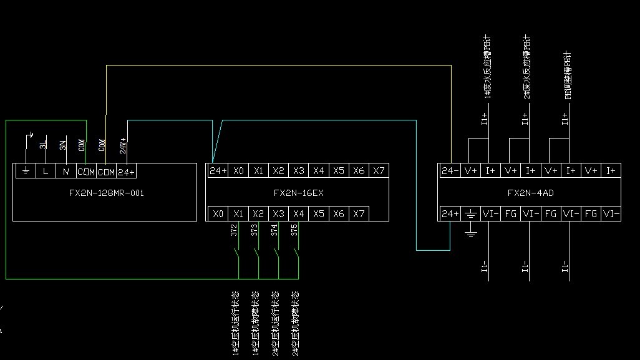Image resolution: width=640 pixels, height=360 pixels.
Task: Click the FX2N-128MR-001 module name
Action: (106, 193)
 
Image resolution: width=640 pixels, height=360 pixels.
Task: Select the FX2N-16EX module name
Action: (298, 193)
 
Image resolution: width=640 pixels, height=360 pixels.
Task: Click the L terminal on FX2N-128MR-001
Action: (46, 171)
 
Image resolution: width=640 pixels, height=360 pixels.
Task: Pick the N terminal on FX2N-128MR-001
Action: (65, 171)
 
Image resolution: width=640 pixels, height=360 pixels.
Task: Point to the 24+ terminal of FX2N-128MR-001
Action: (126, 171)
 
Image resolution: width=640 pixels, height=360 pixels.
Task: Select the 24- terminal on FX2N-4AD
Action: (450, 170)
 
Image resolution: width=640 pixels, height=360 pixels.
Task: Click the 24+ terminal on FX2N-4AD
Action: (450, 213)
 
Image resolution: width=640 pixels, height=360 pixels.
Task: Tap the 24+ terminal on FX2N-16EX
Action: (218, 170)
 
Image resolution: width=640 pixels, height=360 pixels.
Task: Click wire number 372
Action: (233, 230)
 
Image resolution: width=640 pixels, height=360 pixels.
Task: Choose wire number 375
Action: (293, 230)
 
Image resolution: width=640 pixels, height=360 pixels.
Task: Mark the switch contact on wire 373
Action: (256, 256)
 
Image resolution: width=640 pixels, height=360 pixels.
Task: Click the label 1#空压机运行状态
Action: (235, 323)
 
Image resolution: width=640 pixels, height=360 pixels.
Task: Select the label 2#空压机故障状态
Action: (295, 323)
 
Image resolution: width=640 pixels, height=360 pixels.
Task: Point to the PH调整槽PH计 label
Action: (568, 75)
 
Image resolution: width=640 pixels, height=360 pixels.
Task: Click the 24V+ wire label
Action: (124, 145)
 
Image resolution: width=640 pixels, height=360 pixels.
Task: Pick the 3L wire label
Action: (43, 145)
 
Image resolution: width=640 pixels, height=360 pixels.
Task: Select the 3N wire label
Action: (63, 145)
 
